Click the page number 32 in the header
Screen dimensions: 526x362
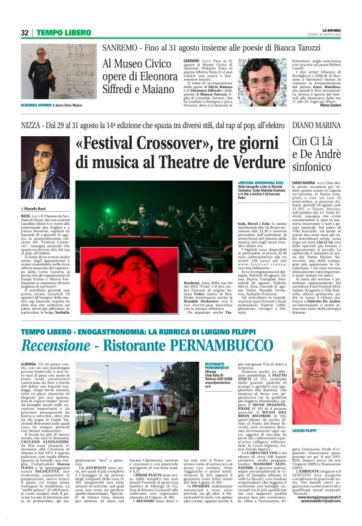26,32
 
